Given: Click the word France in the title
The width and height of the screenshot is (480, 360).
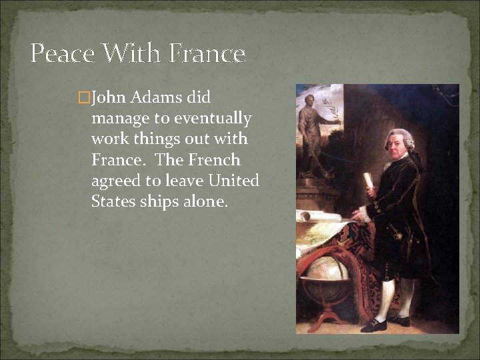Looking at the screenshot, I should pos(208,53).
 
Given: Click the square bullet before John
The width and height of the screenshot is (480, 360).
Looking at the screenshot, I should pos(84,99).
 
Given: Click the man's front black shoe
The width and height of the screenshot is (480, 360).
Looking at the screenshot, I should pos(373,325).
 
